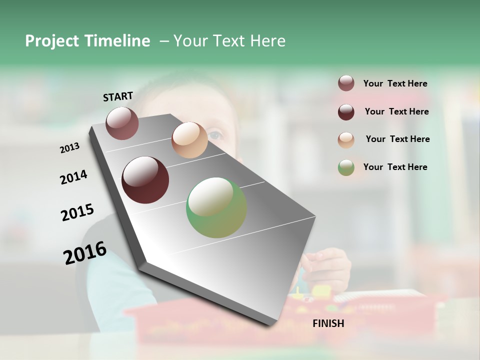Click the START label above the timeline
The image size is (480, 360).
[x=118, y=96]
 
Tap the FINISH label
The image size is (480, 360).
[x=328, y=323]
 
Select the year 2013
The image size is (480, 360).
[x=70, y=148]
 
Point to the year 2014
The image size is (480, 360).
[x=73, y=177]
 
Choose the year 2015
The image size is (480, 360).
[x=77, y=212]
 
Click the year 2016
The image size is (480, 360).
[x=85, y=252]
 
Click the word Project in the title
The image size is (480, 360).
[x=52, y=41]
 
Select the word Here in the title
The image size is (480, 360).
[x=267, y=41]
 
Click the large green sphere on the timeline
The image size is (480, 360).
[x=216, y=207]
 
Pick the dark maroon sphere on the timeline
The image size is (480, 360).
[x=145, y=180]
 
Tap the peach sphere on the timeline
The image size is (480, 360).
[x=189, y=140]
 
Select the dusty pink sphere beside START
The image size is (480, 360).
[x=122, y=123]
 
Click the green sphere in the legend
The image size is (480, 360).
[x=346, y=167]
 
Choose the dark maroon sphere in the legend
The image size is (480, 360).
[x=346, y=112]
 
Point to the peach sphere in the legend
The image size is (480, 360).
[x=346, y=139]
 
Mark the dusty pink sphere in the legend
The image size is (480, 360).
[x=346, y=83]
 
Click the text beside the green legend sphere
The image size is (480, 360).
[x=395, y=167]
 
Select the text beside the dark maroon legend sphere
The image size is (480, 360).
[x=396, y=111]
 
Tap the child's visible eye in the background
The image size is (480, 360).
[x=215, y=134]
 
